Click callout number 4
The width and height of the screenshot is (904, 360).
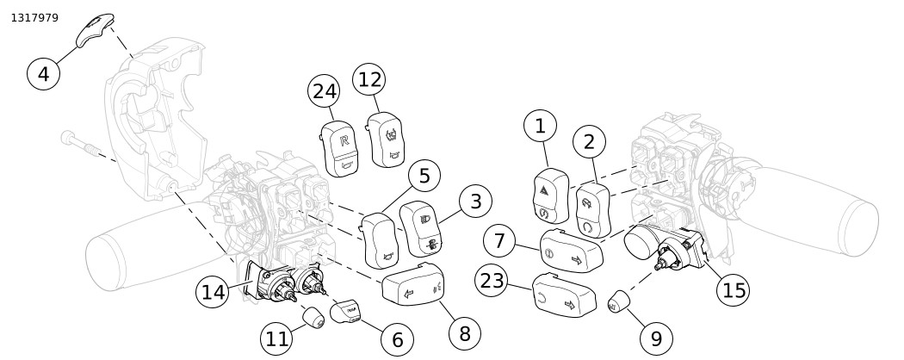pos(44,73)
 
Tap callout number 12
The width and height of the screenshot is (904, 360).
pos(369,79)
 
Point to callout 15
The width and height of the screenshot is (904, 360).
pos(734,290)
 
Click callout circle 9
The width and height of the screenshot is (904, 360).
pos(656,338)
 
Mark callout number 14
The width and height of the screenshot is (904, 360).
pos(213,292)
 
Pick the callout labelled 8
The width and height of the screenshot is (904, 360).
pos(464,332)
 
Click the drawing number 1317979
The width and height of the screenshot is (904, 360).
pos(34,17)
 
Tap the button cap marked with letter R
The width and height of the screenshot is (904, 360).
pos(340,146)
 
